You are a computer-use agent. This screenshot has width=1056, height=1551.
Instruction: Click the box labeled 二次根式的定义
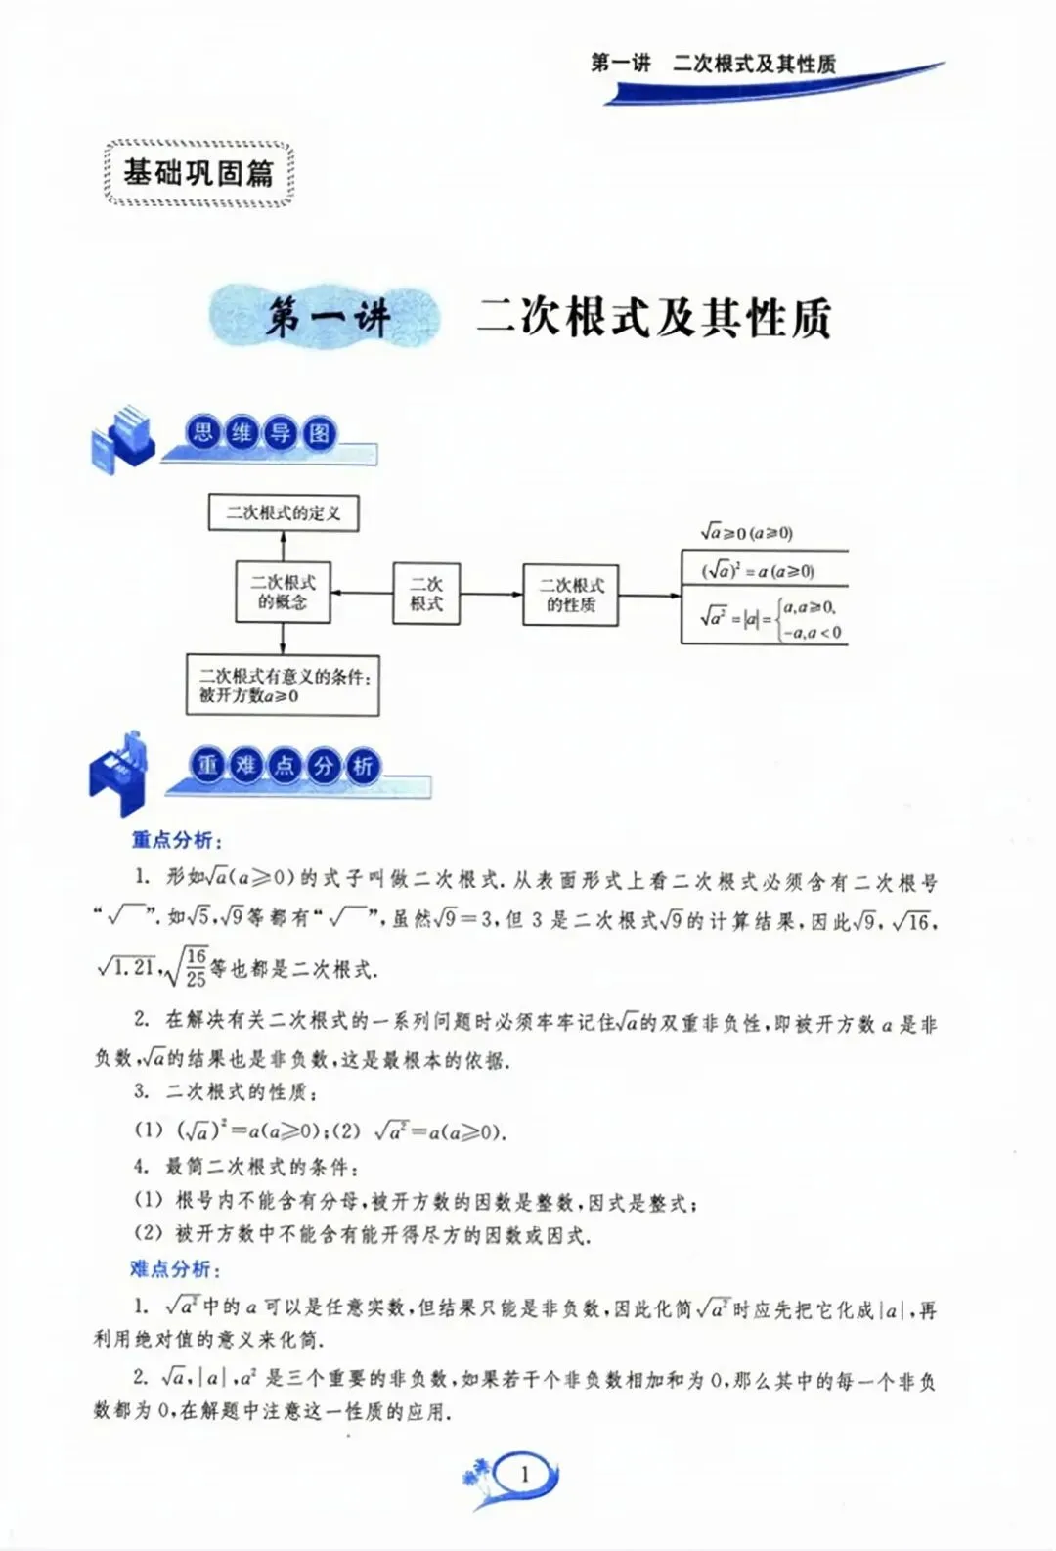pos(284,512)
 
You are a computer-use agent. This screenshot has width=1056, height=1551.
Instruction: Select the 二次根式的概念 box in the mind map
pos(283,592)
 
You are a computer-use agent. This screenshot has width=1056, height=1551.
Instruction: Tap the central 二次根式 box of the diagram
pos(426,593)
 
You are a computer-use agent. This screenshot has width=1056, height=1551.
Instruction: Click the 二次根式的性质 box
pos(571,595)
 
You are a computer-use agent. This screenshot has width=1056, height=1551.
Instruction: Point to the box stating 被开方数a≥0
pos(283,686)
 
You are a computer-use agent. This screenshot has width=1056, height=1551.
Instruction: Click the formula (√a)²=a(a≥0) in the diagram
pos(758,570)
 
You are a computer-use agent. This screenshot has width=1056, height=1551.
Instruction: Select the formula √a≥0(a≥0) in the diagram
pos(746,533)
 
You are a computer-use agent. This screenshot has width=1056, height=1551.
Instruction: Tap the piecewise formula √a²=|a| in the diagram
pos(768,617)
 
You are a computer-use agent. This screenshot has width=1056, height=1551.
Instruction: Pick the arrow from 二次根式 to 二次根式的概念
pos(362,593)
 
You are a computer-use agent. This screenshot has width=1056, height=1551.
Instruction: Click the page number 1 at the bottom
pos(525,1474)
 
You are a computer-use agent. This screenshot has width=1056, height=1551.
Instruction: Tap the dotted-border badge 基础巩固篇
pos(198,173)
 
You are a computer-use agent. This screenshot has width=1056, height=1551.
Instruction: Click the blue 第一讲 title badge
pos(327,318)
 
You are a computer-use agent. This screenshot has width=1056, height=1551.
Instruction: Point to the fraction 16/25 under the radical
pos(197,967)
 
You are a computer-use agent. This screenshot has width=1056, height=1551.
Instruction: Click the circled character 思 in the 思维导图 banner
pos(202,432)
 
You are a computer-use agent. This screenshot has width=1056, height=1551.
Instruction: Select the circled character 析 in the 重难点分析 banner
pos(362,766)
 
